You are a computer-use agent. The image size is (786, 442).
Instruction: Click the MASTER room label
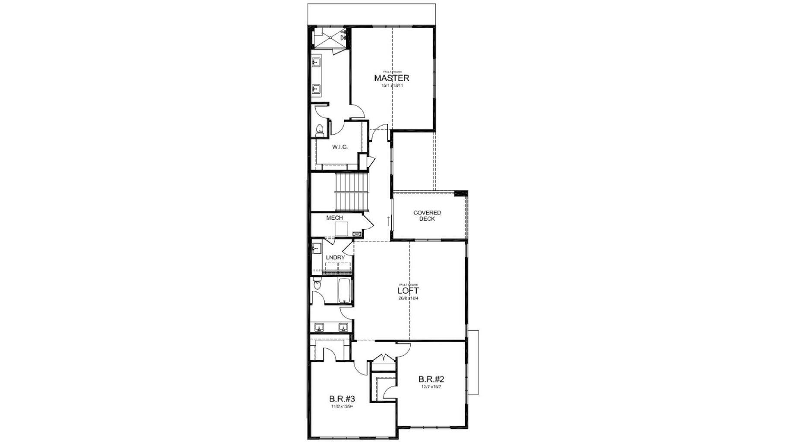tap(391, 78)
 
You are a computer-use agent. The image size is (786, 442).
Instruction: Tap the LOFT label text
tap(408, 291)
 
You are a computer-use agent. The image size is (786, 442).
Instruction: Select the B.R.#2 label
tap(431, 379)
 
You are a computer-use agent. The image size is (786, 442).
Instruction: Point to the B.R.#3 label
tap(342, 398)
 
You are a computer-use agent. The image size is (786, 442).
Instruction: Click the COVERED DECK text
tap(427, 216)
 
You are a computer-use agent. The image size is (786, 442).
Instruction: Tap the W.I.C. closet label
tap(340, 147)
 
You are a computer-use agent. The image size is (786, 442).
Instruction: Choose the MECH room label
tap(334, 218)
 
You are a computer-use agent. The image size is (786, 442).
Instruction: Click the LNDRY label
tap(336, 258)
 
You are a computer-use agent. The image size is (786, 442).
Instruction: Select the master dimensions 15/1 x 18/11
tap(392, 85)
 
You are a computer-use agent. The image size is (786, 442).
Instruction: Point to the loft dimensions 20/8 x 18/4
tap(408, 298)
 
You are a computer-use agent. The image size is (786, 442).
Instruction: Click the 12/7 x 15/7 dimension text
tap(431, 387)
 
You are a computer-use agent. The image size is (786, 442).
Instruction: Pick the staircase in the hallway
tap(352, 192)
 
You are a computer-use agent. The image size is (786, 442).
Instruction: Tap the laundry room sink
tap(316, 249)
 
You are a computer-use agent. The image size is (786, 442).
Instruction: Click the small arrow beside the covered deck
tap(389, 221)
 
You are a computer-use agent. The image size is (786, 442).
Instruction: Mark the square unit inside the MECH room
tap(341, 228)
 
